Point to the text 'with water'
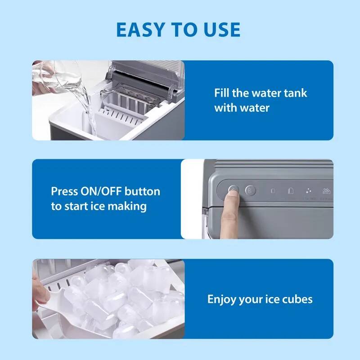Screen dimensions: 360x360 coord(242,108)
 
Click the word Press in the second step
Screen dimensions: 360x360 coord(64,191)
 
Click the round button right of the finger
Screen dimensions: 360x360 coord(251,191)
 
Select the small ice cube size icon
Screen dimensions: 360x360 coord(273,191)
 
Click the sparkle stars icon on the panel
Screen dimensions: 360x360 coord(309,191)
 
